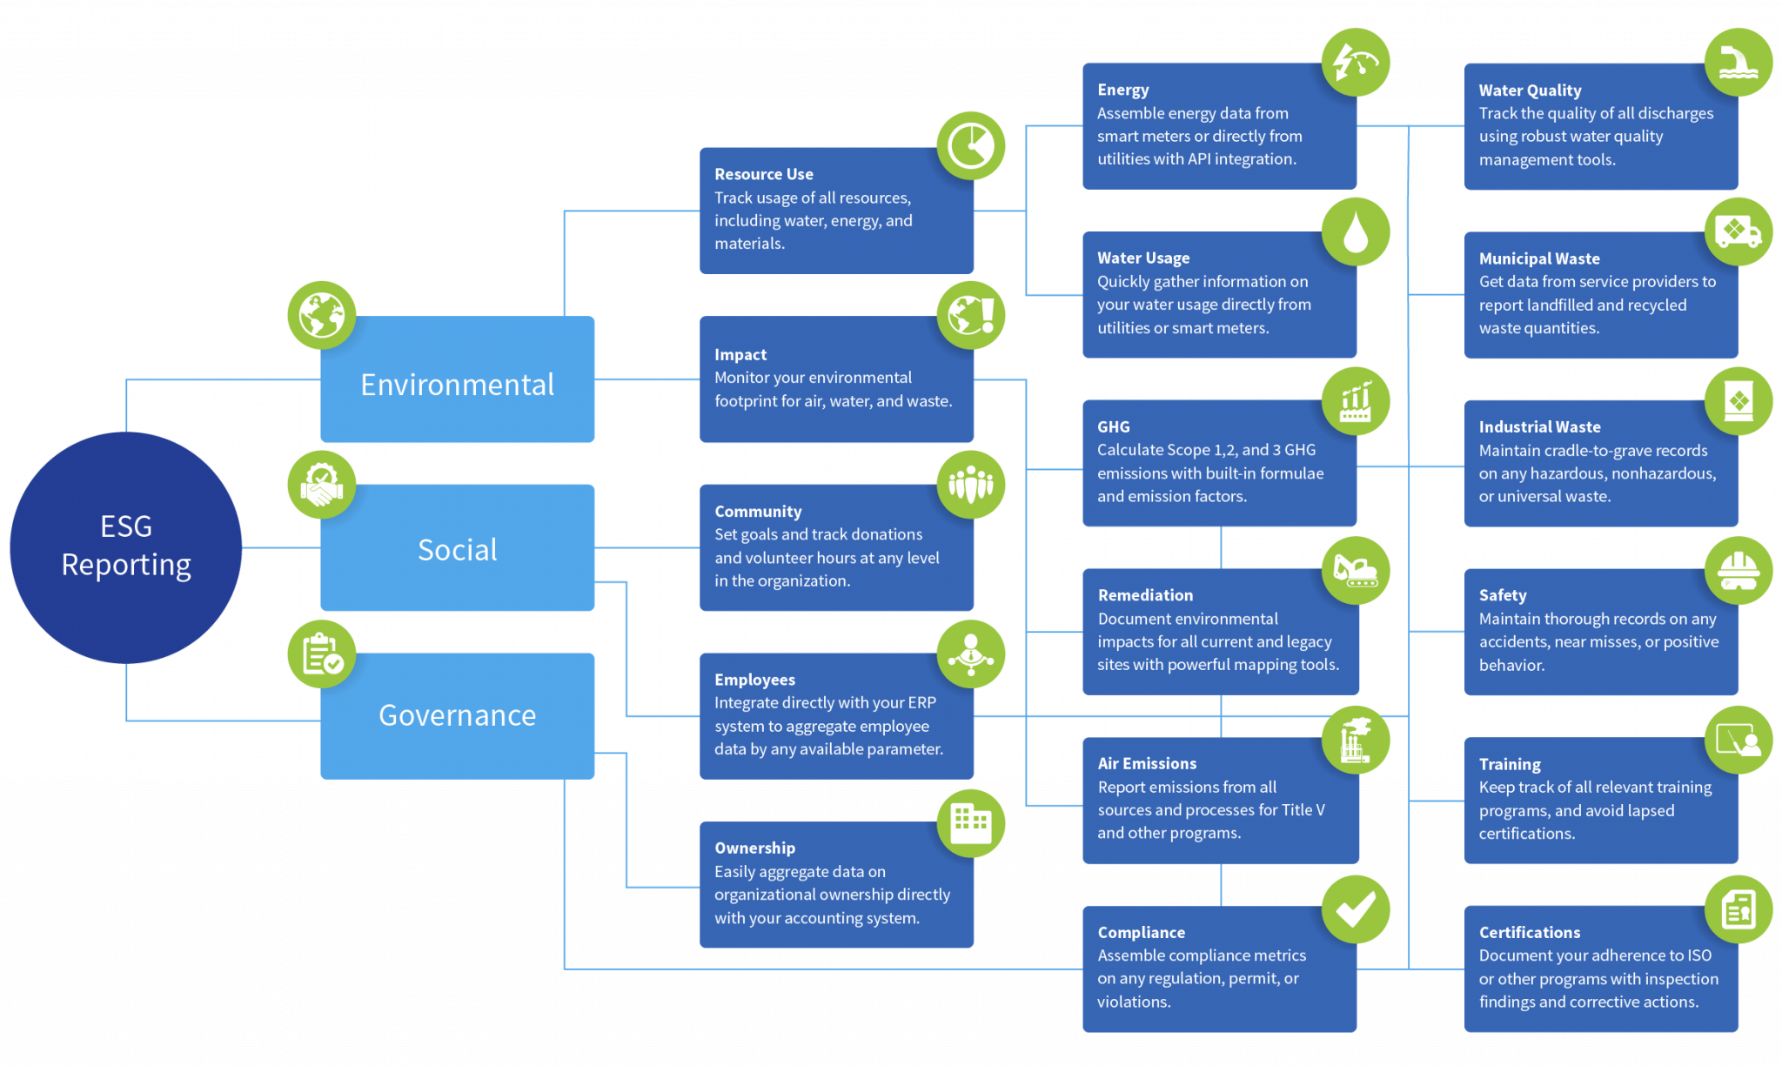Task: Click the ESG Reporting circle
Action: coord(126,546)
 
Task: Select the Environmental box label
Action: coord(457,385)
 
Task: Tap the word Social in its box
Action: coord(457,550)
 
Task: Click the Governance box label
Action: coord(457,715)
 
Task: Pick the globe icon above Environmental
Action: coord(321,315)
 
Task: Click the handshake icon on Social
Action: coord(321,485)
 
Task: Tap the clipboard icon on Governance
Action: coord(321,654)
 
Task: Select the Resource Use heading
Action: coord(763,174)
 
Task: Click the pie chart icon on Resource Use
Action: coord(971,145)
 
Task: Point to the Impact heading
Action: coord(740,354)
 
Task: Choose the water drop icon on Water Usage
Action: coord(1356,232)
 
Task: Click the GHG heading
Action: coord(1113,426)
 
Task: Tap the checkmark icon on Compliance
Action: coord(1356,909)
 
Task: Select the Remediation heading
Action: coord(1145,595)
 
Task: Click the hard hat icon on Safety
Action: coord(1738,571)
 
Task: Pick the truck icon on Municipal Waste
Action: coord(1738,231)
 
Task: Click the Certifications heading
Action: coord(1529,932)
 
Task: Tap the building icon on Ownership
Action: coord(971,822)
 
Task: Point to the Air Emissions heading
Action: coord(1147,763)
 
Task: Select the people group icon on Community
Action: coord(971,485)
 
